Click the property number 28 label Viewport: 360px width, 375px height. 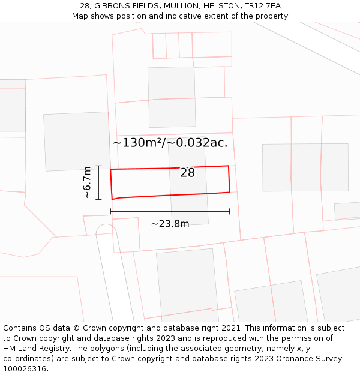pos(188,173)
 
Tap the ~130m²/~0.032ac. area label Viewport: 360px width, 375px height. pos(170,143)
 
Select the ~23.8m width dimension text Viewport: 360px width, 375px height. pos(170,224)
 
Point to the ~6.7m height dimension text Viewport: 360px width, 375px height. pos(88,182)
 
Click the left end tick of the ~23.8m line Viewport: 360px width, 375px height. pos(111,211)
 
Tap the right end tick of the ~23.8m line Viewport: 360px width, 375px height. pos(230,211)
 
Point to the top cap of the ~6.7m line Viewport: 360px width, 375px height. pos(99,166)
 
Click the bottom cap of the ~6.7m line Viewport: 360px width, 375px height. pos(99,199)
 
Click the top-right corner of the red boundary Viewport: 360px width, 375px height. pos(229,166)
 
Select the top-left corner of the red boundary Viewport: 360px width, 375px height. pos(111,169)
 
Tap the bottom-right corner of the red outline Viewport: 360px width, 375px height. pos(230,193)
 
